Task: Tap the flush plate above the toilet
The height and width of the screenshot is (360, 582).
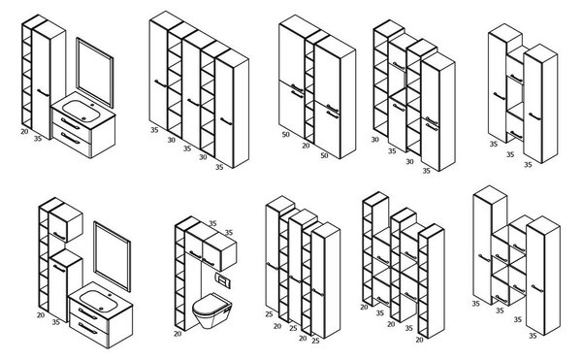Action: pos(223,280)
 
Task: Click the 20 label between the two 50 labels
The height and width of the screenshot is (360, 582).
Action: pos(306,146)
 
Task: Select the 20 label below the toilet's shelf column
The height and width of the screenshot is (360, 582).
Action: pos(178,334)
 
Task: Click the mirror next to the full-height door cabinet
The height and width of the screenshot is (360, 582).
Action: pos(95,73)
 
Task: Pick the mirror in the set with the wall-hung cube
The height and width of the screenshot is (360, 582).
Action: pos(112,256)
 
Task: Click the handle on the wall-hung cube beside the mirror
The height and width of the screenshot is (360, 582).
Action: pos(59,236)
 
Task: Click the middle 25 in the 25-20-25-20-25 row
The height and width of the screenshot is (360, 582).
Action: pos(293,328)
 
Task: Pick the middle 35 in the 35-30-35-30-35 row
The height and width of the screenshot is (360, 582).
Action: pos(186,148)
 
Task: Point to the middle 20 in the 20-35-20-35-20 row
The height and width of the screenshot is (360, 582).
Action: pos(391,324)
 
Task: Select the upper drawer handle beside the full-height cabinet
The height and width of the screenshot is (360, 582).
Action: pos(71,123)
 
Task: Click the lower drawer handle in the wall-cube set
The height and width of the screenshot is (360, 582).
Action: pos(88,328)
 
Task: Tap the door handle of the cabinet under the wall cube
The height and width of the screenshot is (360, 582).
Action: pos(59,269)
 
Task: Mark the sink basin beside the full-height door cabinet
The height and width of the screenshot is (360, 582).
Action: pos(81,111)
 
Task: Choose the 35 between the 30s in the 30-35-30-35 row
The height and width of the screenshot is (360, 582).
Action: pos(392,151)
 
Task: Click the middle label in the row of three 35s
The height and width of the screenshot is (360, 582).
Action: pos(510,154)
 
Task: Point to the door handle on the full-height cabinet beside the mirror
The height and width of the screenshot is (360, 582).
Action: pos(43,92)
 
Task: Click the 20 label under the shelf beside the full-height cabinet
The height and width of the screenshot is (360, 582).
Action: pos(24,131)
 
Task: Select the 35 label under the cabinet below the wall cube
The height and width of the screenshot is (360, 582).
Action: pos(55,322)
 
